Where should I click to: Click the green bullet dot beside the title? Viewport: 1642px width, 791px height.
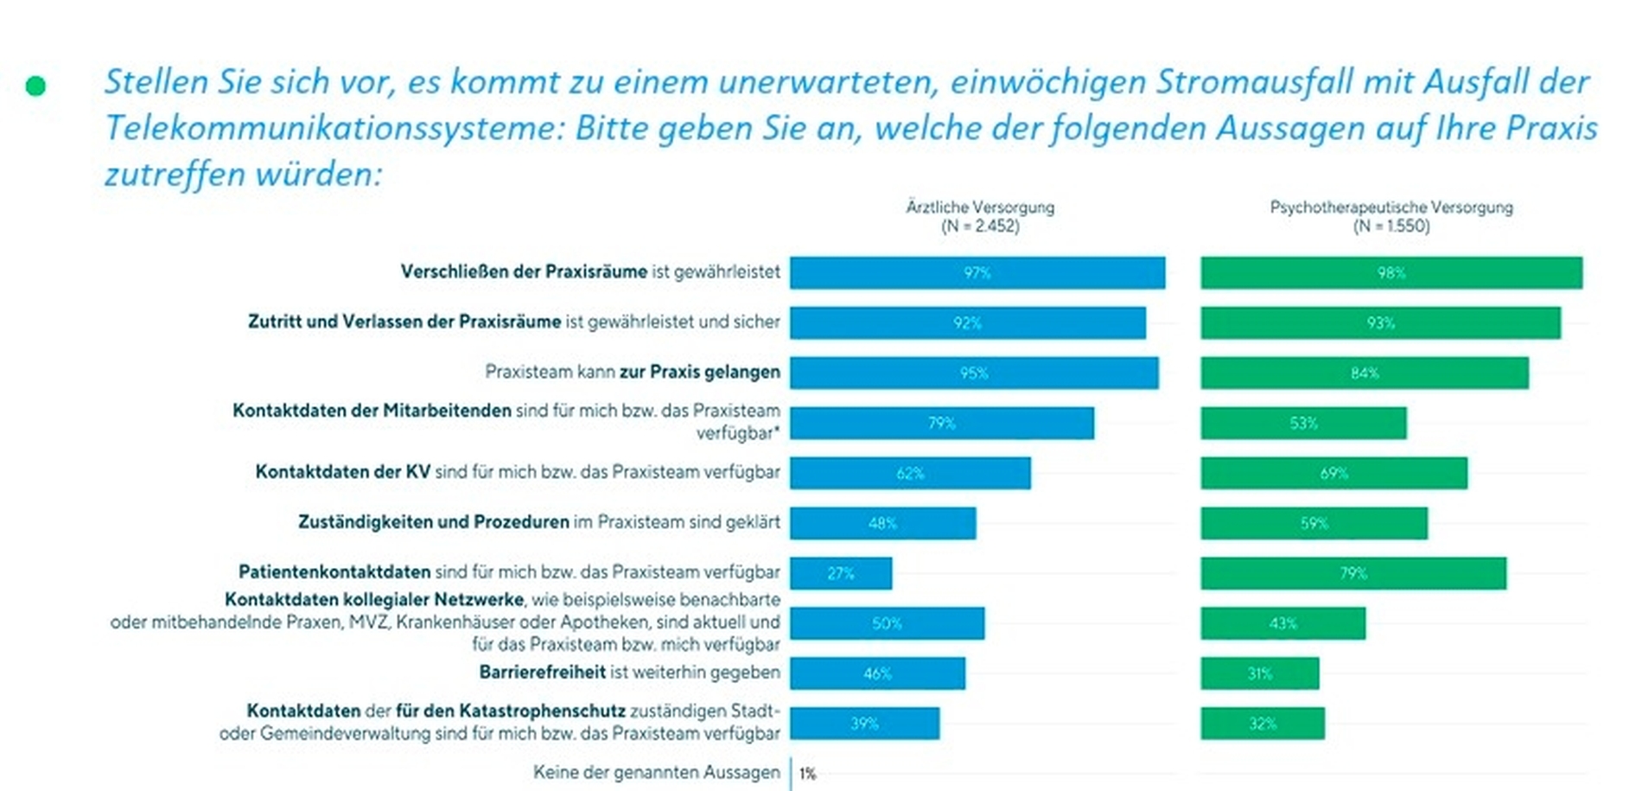coord(35,86)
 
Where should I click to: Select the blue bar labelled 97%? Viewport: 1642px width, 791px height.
coord(977,273)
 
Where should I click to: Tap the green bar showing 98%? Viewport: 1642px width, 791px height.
coord(1391,273)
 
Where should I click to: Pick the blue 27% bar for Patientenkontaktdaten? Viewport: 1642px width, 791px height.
coord(841,573)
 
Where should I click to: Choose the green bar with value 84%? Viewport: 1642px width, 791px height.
coord(1365,373)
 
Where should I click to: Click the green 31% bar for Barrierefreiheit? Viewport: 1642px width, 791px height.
coord(1260,673)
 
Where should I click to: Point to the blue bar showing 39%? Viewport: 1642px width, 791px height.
coord(864,724)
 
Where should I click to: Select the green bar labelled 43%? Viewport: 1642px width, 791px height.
coord(1283,623)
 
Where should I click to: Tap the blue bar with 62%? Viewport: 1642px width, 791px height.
coord(910,474)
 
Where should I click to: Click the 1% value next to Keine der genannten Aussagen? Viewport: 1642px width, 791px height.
coord(808,774)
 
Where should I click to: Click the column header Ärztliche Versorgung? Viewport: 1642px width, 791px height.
coord(980,207)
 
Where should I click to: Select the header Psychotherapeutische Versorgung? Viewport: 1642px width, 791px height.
coord(1391,207)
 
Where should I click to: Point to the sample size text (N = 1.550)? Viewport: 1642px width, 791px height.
coord(1391,226)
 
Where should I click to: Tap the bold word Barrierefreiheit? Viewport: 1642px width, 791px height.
coord(543,673)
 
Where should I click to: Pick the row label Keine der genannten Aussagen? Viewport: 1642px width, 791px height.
coord(657,773)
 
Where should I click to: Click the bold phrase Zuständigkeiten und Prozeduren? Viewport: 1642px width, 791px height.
coord(434,522)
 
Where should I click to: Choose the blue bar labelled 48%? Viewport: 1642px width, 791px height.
coord(883,524)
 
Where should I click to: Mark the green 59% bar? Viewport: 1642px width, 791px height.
coord(1314,524)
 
